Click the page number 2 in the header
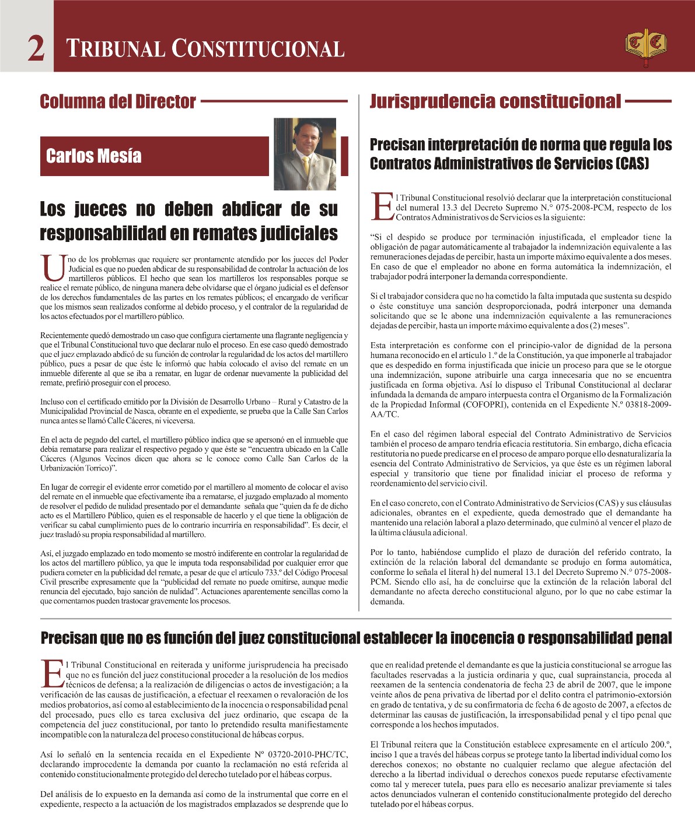tap(36, 49)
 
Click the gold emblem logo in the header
tap(645, 46)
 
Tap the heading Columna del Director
tap(117, 102)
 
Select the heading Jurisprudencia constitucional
tap(495, 102)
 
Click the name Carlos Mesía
tap(93, 156)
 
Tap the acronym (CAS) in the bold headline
tap(633, 164)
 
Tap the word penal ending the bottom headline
tap(654, 638)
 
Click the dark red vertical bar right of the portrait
tap(345, 156)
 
